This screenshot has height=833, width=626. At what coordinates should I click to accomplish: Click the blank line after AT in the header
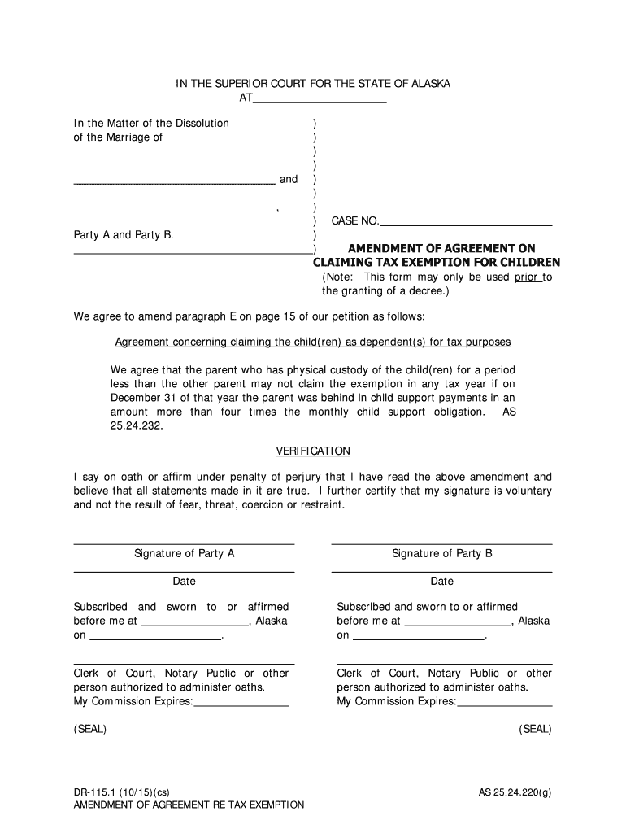click(320, 101)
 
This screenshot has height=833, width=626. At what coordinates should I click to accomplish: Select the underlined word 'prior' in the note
click(527, 277)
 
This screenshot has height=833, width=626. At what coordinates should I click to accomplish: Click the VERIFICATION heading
click(313, 451)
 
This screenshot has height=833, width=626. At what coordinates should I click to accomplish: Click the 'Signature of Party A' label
click(185, 554)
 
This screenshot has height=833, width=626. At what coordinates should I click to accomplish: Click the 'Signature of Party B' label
click(442, 554)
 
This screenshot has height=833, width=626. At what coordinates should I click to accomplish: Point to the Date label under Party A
click(184, 582)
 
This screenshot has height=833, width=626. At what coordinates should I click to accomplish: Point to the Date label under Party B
click(442, 582)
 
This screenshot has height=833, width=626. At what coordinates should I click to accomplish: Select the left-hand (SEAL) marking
click(90, 730)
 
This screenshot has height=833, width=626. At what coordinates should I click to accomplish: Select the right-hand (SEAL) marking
click(535, 730)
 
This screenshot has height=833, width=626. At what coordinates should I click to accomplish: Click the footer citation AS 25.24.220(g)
click(515, 792)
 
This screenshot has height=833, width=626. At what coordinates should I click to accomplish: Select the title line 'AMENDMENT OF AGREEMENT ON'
click(442, 249)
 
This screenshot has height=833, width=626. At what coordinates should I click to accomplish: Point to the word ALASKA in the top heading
click(430, 85)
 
